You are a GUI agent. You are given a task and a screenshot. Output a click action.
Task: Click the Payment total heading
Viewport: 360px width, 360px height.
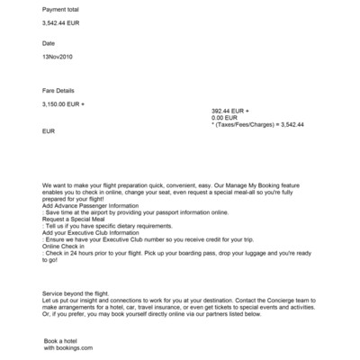click(x=61, y=9)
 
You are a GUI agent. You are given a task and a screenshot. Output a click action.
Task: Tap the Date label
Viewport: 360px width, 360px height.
click(x=49, y=42)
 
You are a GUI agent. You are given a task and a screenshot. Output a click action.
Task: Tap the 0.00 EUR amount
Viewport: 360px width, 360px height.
click(x=224, y=118)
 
